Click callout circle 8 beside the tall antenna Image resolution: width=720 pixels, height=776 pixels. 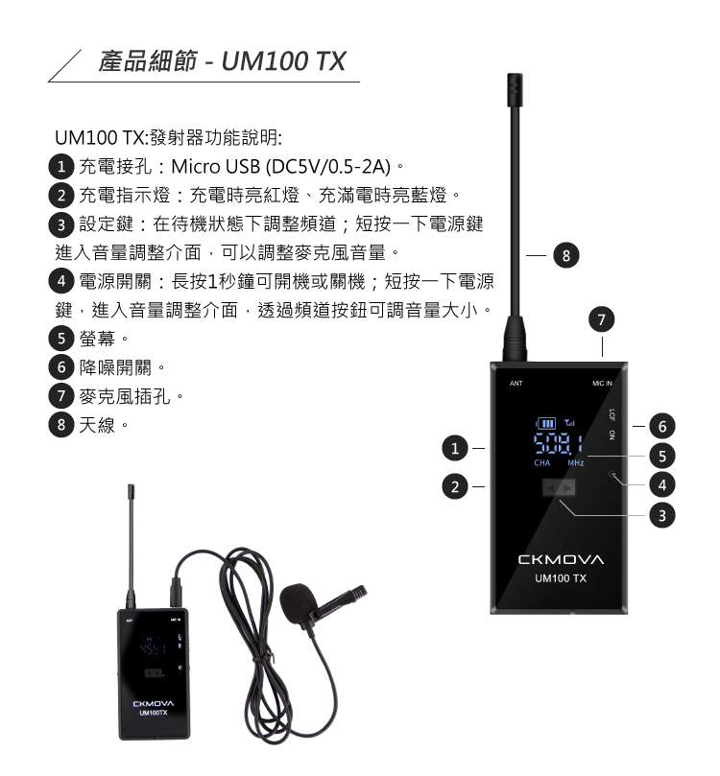[566, 255]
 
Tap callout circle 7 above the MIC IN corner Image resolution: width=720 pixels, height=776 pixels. [602, 319]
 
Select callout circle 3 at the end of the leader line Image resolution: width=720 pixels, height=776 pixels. [662, 515]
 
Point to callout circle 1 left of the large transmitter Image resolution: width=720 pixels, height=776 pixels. [455, 448]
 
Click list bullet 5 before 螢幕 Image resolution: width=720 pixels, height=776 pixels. [61, 339]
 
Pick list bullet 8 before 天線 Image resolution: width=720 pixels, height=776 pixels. [61, 425]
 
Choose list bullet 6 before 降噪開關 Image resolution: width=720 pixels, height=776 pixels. [61, 367]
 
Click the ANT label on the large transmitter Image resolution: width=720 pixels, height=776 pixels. [516, 384]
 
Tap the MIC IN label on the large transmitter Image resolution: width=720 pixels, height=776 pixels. [602, 384]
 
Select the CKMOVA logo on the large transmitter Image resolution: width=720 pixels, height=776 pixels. [561, 560]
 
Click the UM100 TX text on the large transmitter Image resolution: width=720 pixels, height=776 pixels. [561, 578]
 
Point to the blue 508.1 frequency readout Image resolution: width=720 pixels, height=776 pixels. [558, 444]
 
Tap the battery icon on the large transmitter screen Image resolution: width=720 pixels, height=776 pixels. [545, 424]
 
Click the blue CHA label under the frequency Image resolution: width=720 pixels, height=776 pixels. [542, 463]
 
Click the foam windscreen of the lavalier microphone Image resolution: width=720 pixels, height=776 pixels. [299, 603]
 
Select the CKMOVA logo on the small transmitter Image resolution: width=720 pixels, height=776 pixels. [154, 704]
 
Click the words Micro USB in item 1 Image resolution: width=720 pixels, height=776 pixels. [216, 167]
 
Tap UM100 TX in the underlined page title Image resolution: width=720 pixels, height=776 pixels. [283, 61]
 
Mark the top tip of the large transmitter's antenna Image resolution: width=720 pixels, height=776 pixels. [515, 74]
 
